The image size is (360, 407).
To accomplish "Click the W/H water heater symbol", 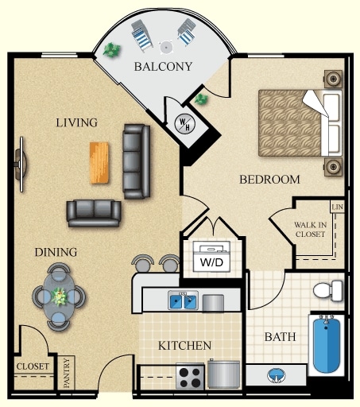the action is (185, 123).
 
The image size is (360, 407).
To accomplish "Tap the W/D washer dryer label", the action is (211, 262).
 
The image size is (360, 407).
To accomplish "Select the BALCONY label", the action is (163, 67).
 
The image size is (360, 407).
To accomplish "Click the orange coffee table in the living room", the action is (99, 163).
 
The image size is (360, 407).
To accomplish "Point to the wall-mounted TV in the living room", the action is (21, 165).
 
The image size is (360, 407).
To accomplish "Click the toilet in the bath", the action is (328, 291).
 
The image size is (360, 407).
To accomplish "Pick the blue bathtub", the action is (327, 344).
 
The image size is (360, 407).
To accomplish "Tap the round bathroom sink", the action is (277, 375).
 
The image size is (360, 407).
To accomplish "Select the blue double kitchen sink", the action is (183, 300).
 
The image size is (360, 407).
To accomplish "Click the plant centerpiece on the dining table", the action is (59, 297).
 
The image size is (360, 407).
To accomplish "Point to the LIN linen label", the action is (337, 207).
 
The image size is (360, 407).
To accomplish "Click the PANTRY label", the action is (67, 373).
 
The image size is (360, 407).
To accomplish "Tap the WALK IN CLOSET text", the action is (310, 230).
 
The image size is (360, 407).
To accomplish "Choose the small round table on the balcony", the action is (166, 48).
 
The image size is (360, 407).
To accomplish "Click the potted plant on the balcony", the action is (112, 49).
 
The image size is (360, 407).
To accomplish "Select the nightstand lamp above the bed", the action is (333, 79).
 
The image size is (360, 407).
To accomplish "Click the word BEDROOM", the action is (269, 180).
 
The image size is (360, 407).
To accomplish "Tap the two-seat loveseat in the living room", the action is (94, 213).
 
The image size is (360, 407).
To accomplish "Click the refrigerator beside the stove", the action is (223, 374).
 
